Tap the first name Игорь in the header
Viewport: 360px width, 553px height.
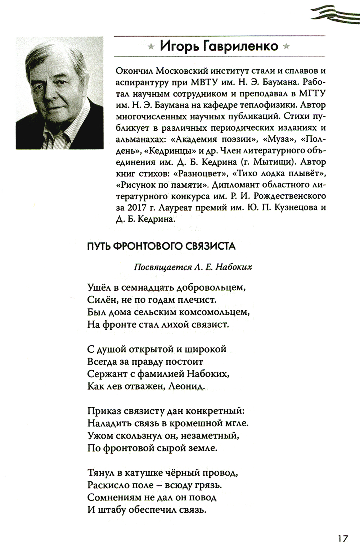point(177,46)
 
